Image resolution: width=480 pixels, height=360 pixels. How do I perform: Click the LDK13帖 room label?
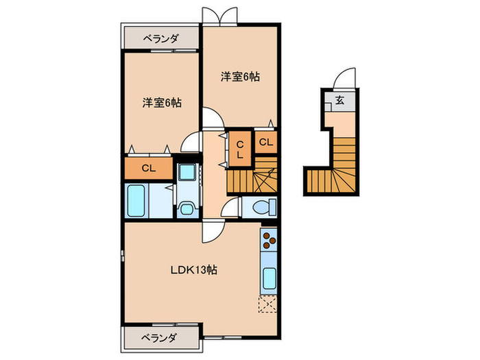click(194, 270)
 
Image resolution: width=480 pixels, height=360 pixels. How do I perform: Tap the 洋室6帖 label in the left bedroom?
click(162, 103)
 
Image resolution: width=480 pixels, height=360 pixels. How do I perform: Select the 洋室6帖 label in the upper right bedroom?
click(240, 77)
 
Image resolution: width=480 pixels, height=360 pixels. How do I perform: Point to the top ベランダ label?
click(160, 38)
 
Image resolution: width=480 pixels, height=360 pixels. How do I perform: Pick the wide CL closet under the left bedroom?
click(147, 168)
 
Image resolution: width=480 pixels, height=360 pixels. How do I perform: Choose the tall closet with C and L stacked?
click(240, 149)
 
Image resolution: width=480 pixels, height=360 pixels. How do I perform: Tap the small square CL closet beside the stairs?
click(266, 143)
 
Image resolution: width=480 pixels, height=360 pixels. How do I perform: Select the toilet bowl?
click(263, 206)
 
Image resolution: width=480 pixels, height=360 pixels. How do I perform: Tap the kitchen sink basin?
click(268, 279)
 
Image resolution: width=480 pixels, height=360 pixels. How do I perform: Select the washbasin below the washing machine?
click(186, 206)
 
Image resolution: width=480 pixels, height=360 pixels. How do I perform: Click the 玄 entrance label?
click(340, 100)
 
